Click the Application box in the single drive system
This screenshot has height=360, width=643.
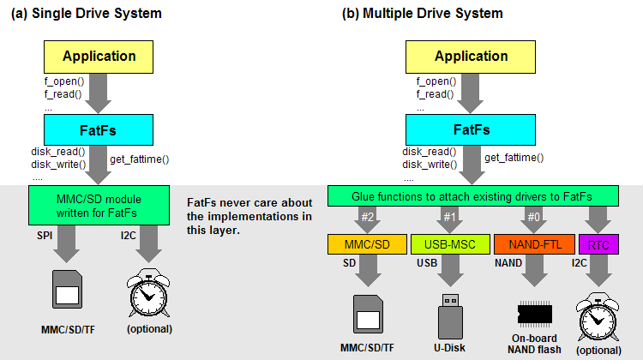pyautogui.click(x=99, y=57)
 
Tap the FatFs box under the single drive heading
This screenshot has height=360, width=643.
pyautogui.click(x=99, y=130)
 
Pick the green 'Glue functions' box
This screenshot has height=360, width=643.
pyautogui.click(x=478, y=196)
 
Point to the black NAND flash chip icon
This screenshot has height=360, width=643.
pyautogui.click(x=536, y=312)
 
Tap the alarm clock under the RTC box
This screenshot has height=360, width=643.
pyautogui.click(x=598, y=315)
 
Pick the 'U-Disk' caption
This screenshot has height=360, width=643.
pyautogui.click(x=450, y=347)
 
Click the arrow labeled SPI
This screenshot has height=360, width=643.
pyautogui.click(x=67, y=246)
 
